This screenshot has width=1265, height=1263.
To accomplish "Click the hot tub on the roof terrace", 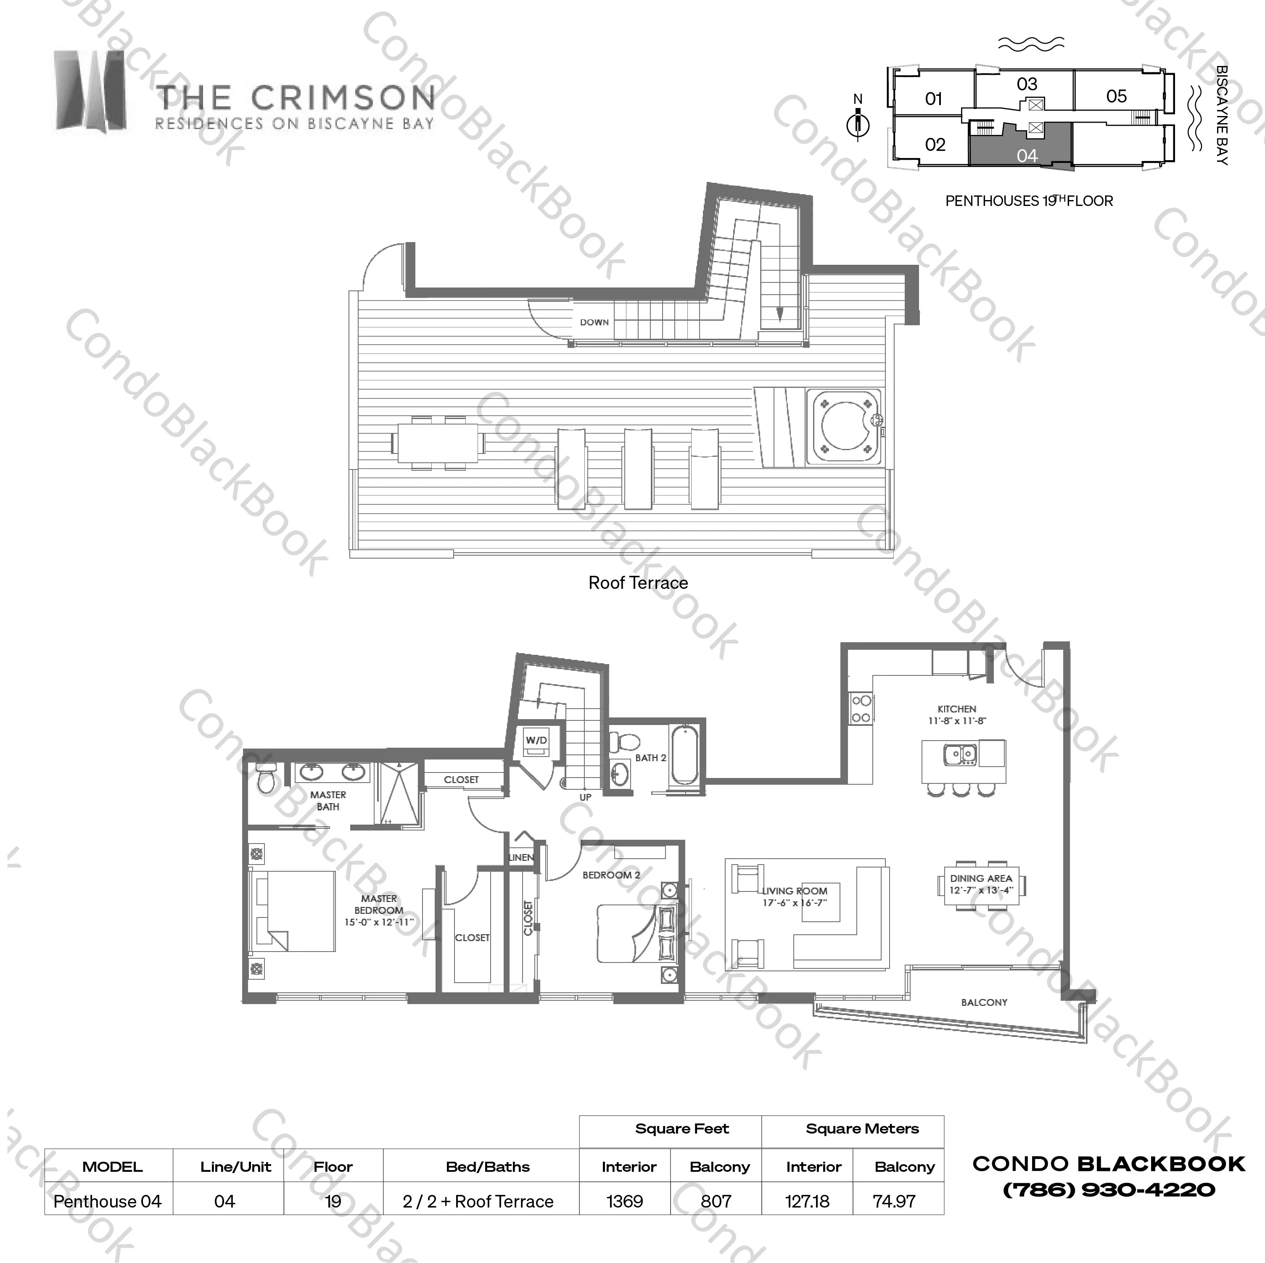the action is click(x=845, y=427).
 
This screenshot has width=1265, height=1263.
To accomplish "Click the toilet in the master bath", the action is click(x=266, y=778).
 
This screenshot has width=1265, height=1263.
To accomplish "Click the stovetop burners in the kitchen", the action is click(x=861, y=709).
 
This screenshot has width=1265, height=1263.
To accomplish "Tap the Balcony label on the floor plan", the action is click(x=984, y=1002).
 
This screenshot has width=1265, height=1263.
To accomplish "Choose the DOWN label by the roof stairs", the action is click(x=594, y=322).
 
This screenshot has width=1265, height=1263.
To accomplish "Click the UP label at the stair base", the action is click(x=585, y=797).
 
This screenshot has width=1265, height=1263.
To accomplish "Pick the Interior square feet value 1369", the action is click(x=625, y=1202).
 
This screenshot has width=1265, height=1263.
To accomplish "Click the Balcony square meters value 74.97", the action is click(x=894, y=1202).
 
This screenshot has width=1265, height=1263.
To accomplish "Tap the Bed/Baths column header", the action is click(x=488, y=1167).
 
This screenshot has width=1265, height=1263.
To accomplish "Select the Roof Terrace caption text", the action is click(x=639, y=583).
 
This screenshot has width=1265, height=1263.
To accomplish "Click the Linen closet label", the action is click(x=522, y=857).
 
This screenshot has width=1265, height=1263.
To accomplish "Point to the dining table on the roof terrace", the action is click(x=438, y=443).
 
